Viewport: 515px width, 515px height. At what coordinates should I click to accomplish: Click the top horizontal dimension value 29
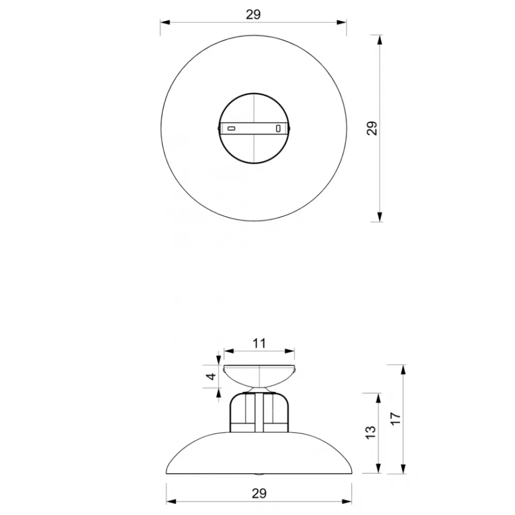pyautogui.click(x=253, y=14)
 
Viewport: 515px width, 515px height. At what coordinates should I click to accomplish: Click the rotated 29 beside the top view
pyautogui.click(x=372, y=128)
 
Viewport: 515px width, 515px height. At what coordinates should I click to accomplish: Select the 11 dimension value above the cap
pyautogui.click(x=259, y=344)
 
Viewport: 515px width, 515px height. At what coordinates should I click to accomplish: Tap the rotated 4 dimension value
pyautogui.click(x=212, y=376)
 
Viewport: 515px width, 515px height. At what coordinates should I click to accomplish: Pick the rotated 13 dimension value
pyautogui.click(x=370, y=432)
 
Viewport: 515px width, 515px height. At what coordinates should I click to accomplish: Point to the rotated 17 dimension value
pyautogui.click(x=396, y=418)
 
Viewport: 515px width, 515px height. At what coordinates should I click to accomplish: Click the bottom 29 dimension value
pyautogui.click(x=259, y=493)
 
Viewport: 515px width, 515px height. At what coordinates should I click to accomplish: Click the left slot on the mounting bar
pyautogui.click(x=231, y=128)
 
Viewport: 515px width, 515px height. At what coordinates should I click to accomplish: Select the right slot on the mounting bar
pyautogui.click(x=278, y=128)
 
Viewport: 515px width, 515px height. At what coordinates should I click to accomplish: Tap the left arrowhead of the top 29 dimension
pyautogui.click(x=165, y=22)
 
